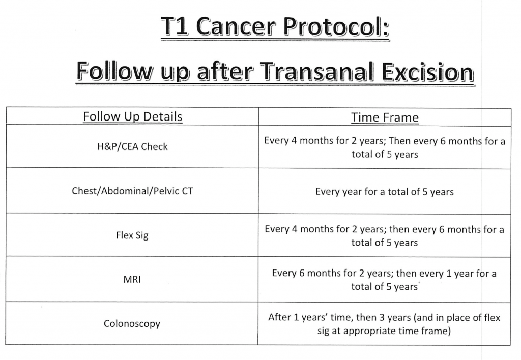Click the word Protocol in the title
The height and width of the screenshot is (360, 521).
tap(336, 26)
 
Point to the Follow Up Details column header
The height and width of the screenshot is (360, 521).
tap(133, 116)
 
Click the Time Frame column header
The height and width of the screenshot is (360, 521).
tap(385, 117)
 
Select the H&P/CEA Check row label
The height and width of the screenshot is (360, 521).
tap(132, 146)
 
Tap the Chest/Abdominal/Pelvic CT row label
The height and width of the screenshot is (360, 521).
tap(132, 191)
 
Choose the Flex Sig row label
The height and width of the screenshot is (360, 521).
tap(132, 235)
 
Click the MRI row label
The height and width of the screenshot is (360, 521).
tap(132, 279)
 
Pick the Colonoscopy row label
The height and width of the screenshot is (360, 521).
tap(132, 323)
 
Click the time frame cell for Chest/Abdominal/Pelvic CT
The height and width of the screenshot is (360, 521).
tap(385, 192)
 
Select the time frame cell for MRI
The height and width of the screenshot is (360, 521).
tap(384, 280)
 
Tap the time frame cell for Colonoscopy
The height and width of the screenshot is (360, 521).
tap(384, 324)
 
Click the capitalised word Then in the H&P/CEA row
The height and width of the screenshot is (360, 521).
tap(400, 141)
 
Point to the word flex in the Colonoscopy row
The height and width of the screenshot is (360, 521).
tap(492, 317)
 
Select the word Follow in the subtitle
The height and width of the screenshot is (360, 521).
tap(114, 71)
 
